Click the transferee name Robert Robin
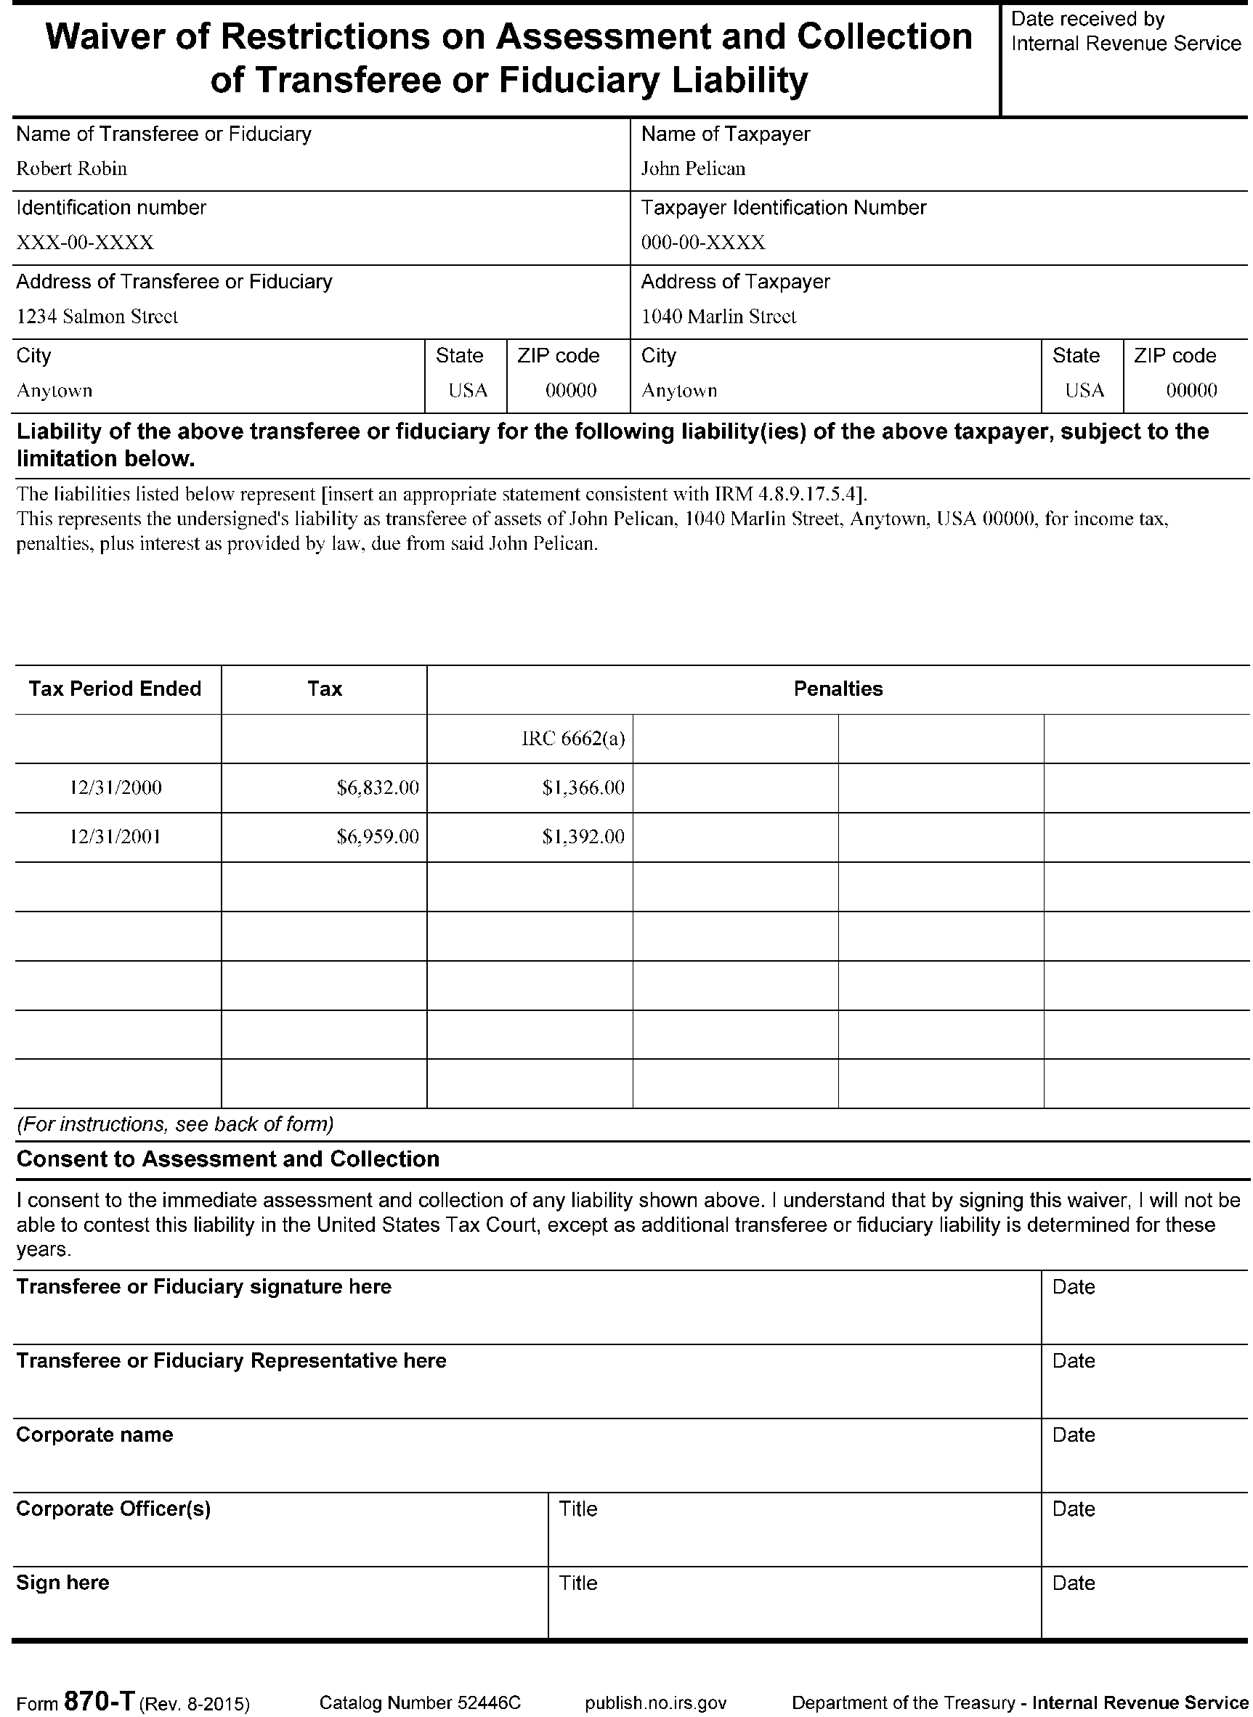pyautogui.click(x=71, y=169)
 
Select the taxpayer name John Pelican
pyautogui.click(x=693, y=169)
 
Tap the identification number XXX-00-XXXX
pyautogui.click(x=85, y=243)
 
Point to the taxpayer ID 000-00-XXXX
pyautogui.click(x=703, y=243)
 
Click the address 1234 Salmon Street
pyautogui.click(x=97, y=316)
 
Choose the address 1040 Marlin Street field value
pyautogui.click(x=719, y=316)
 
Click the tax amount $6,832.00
pyautogui.click(x=378, y=788)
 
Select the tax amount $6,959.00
pyautogui.click(x=378, y=837)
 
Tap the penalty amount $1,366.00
pyautogui.click(x=583, y=788)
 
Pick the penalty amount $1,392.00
pyautogui.click(x=583, y=837)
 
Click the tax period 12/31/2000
pyautogui.click(x=115, y=788)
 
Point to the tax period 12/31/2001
pyautogui.click(x=115, y=837)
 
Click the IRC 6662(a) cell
pyautogui.click(x=572, y=739)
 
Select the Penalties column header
pyautogui.click(x=838, y=689)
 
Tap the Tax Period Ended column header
pyautogui.click(x=115, y=689)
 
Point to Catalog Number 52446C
pyautogui.click(x=420, y=1702)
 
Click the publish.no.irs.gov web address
pyautogui.click(x=655, y=1702)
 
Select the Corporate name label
pyautogui.click(x=95, y=1435)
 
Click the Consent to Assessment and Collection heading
pyautogui.click(x=228, y=1158)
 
